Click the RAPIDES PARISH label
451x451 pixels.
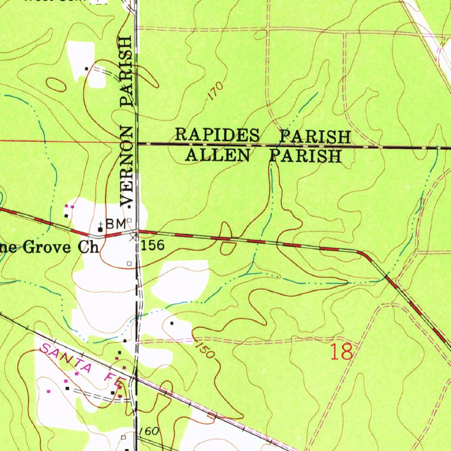tap(263, 136)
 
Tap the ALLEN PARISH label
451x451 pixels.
tap(263, 155)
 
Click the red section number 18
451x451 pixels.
tap(342, 352)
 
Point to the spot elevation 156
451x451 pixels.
tap(153, 246)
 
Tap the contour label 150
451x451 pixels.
tap(205, 350)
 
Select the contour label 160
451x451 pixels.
tap(149, 431)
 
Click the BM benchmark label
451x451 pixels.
tap(115, 224)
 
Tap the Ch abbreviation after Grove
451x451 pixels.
tap(89, 248)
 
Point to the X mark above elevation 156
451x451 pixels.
tap(133, 237)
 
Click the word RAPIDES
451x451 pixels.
tap(218, 135)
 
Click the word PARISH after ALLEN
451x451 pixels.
tap(305, 156)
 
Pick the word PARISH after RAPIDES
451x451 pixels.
tap(315, 137)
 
